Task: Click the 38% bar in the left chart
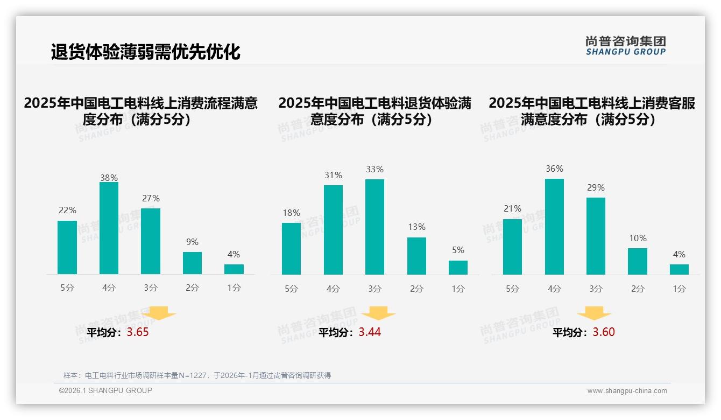point(109,228)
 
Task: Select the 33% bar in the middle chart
point(374,227)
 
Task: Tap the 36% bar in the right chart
point(554,227)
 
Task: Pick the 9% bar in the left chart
point(192,263)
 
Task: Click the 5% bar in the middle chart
point(458,268)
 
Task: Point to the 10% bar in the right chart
point(638,262)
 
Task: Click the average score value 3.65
point(138,332)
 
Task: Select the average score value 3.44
point(370,332)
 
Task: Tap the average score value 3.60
point(604,332)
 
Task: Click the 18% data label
point(291,213)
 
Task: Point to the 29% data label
point(596,188)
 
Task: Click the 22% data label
point(67,211)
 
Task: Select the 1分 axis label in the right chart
point(679,289)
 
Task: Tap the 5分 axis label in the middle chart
point(291,289)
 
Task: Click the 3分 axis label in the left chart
point(151,288)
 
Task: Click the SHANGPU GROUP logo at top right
point(625,46)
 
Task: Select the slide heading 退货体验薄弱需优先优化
point(145,52)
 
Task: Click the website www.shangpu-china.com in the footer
point(627,391)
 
